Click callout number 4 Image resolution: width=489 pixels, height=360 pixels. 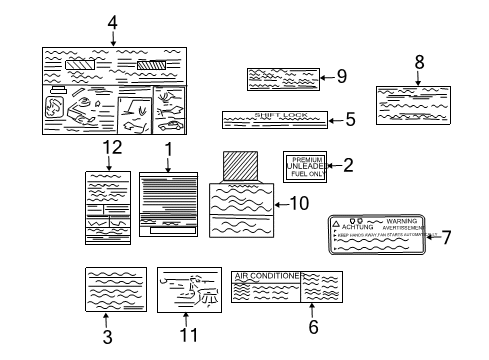click(112, 21)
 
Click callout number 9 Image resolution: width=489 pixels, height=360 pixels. click(341, 75)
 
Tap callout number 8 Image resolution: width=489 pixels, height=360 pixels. click(418, 61)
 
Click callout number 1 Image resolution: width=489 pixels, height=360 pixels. click(168, 148)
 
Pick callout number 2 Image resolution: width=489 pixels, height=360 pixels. click(348, 166)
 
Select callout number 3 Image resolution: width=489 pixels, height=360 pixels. click(107, 337)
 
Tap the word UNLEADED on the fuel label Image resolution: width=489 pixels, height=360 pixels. click(307, 166)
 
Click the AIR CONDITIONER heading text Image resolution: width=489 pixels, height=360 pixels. click(266, 275)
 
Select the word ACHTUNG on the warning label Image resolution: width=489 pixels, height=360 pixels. click(357, 228)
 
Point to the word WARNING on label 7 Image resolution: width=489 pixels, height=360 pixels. click(401, 220)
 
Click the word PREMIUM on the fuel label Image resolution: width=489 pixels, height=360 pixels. click(307, 158)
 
